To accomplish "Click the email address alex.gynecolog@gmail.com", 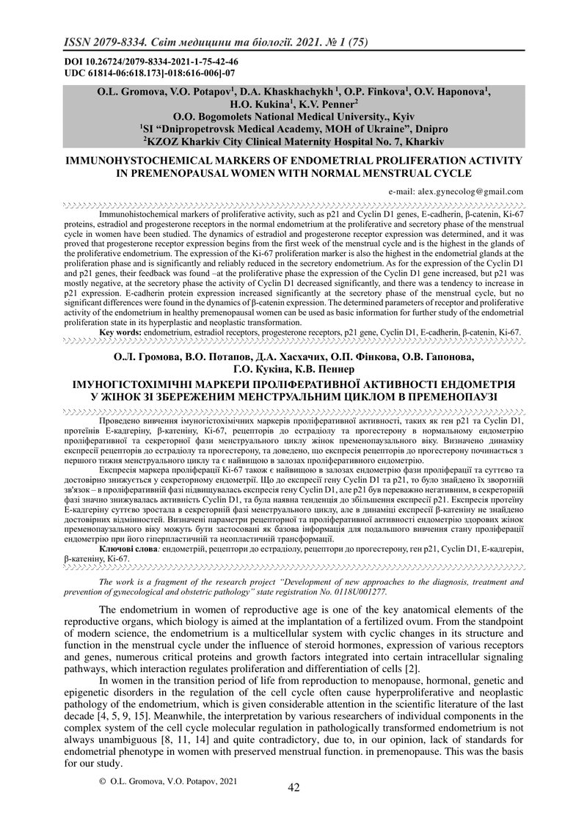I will (456, 191).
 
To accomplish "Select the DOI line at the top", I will (150, 62).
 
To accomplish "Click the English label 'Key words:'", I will (120, 332).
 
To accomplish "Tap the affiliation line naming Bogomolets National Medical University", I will (293, 116).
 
